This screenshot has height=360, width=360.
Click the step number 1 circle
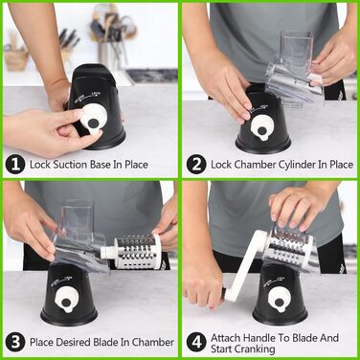point(15,165)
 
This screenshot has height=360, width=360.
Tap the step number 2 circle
point(196,165)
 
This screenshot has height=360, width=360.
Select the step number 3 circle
point(15,342)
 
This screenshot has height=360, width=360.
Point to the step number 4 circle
point(196,342)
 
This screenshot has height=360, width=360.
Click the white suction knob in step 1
point(92,121)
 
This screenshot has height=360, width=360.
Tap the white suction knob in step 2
point(262,131)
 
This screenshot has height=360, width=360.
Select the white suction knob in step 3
point(66,302)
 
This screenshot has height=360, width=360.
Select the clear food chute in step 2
point(294,69)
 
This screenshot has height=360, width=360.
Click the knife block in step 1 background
point(69,40)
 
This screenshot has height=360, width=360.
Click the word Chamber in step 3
point(153,342)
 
